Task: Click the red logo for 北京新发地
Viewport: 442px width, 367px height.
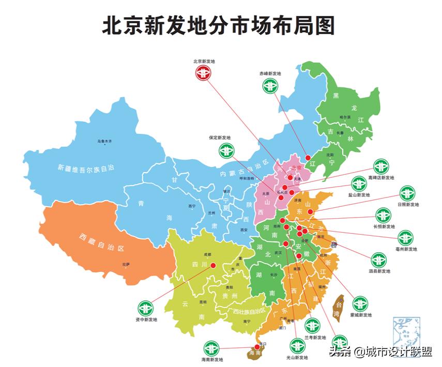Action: pos(203,73)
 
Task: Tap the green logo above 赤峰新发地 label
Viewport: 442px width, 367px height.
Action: pos(270,85)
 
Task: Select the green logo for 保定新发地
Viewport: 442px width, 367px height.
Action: pos(226,150)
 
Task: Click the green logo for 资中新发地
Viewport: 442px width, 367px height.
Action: pos(145,308)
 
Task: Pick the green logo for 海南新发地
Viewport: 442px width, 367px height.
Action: pos(211,348)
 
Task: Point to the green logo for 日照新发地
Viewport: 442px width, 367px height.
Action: pos(407,193)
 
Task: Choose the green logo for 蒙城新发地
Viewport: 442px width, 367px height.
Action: pos(360,303)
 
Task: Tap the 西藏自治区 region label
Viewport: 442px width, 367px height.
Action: pos(101,242)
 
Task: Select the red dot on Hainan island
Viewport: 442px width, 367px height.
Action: pos(257,347)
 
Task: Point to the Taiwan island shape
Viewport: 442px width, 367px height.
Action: pos(339,308)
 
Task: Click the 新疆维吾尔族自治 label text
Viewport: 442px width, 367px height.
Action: pos(86,168)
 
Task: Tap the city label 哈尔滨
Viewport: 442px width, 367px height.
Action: pos(345,117)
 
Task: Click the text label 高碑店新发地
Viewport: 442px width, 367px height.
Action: pos(381,178)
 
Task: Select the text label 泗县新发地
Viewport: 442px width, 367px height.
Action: pos(379,271)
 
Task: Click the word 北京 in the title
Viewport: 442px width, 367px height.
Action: pos(125,25)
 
